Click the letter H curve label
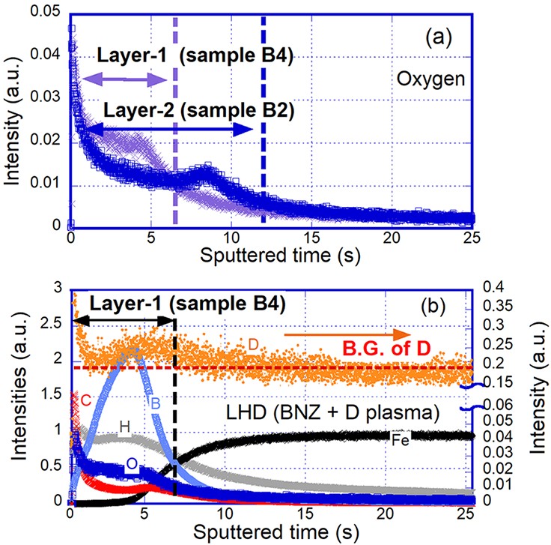(x=125, y=427)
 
